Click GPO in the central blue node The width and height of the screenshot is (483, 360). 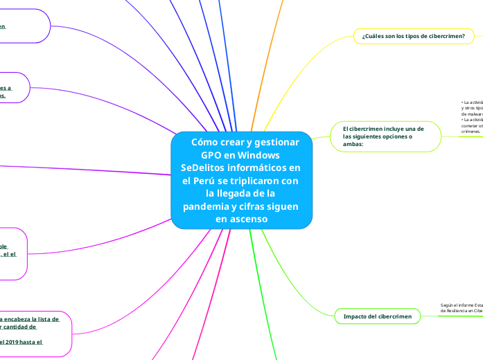pyautogui.click(x=212, y=154)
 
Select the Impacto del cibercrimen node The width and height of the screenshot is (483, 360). pyautogui.click(x=378, y=316)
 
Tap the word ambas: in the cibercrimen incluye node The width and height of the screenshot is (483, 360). pyautogui.click(x=353, y=144)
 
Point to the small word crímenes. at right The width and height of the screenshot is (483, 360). pyautogui.click(x=471, y=131)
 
